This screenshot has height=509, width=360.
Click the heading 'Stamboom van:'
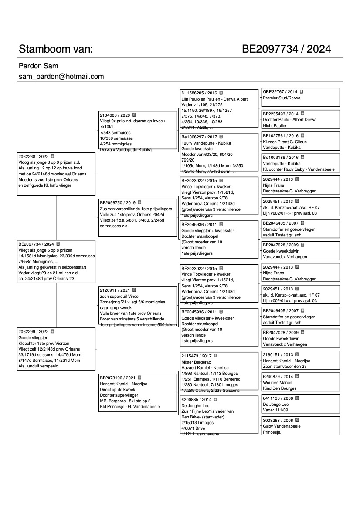(56, 49)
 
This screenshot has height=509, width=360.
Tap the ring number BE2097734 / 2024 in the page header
(286, 49)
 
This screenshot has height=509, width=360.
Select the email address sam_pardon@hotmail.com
(61, 77)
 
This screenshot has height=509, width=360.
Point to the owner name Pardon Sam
(38, 66)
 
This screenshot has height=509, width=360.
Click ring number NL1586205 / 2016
(199, 93)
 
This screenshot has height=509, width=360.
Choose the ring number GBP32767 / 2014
(280, 92)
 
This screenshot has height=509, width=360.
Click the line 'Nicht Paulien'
(275, 125)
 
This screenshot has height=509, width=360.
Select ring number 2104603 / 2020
(115, 115)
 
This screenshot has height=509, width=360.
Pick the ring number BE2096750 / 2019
(118, 203)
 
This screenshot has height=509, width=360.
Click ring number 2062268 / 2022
(33, 156)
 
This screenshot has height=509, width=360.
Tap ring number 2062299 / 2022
(33, 331)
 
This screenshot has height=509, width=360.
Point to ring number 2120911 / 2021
(115, 290)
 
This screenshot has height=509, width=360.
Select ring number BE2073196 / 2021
(118, 378)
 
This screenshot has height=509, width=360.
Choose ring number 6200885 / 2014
(196, 399)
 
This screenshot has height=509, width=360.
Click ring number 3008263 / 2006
(278, 420)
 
